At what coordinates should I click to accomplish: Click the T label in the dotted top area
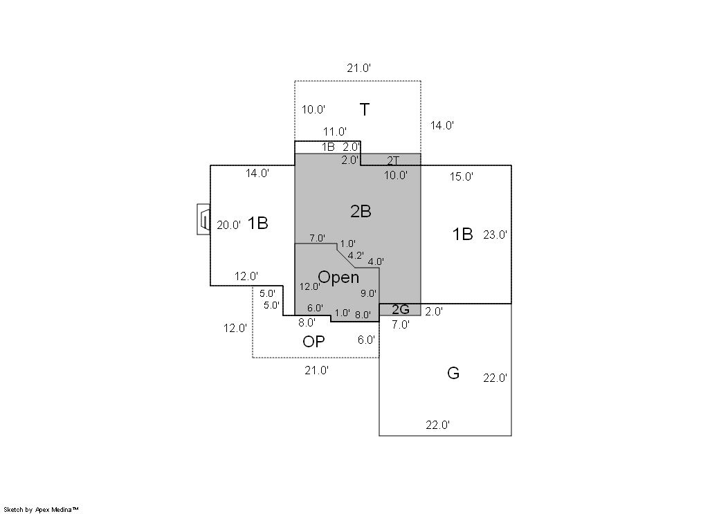365,109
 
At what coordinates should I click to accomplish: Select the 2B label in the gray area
361,212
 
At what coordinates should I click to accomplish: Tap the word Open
338,277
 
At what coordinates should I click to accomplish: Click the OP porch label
313,342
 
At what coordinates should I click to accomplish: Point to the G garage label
453,373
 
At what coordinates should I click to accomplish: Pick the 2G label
401,309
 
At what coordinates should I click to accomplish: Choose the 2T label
393,160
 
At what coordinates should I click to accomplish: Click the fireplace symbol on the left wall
204,219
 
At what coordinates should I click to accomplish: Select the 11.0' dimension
335,132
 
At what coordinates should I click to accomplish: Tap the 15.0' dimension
462,176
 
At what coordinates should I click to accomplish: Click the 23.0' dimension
495,235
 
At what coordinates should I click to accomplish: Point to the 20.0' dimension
229,225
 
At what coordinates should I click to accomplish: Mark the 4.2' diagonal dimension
356,256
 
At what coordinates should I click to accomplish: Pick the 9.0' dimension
368,293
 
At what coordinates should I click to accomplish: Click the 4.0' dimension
376,261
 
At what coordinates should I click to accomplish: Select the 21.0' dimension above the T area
359,68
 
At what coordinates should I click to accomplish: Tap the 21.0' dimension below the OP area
316,370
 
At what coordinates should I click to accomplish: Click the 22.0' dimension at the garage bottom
437,425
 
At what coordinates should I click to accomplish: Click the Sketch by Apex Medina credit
41,510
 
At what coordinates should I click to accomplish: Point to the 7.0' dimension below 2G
401,325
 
